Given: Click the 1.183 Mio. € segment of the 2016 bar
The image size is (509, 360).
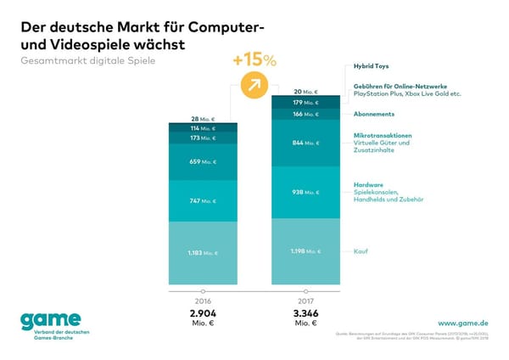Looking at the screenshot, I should tap(203, 252).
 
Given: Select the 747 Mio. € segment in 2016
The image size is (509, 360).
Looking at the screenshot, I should tap(203, 201).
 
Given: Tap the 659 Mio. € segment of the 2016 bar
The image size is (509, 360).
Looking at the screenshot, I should tap(203, 161).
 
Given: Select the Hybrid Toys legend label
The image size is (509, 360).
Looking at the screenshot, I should tap(371, 65).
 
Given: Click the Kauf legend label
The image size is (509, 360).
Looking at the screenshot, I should tap(361, 251).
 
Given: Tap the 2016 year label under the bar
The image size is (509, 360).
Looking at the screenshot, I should tap(203, 301).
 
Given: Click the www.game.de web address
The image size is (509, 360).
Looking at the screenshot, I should tap(464, 323).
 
